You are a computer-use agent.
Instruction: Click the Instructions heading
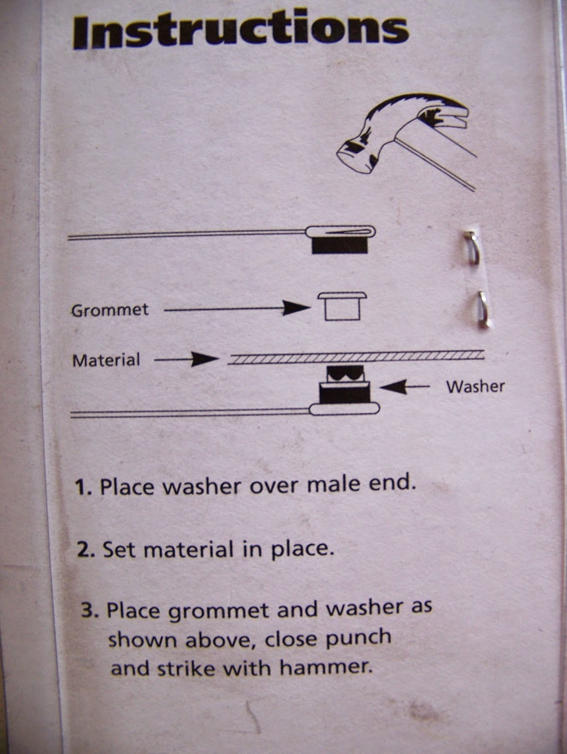[x=241, y=32]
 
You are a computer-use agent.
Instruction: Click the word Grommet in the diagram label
[x=110, y=310]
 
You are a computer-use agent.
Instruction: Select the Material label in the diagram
[x=106, y=361]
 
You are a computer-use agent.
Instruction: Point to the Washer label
[x=475, y=387]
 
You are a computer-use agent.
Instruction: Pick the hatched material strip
[x=356, y=357]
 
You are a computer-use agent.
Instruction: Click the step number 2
[x=86, y=550]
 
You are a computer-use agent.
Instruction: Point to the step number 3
[x=89, y=611]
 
